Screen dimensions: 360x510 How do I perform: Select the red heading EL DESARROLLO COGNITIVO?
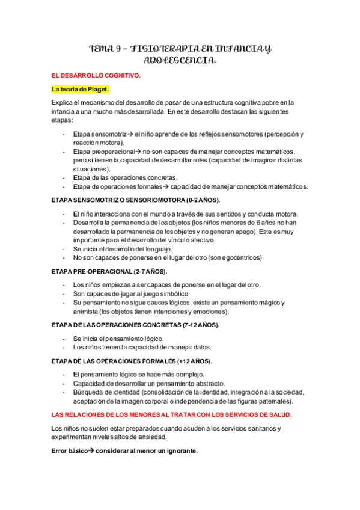click(x=97, y=76)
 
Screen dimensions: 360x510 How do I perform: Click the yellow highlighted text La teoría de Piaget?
click(x=81, y=89)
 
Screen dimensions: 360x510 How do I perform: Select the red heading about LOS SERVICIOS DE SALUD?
click(x=172, y=415)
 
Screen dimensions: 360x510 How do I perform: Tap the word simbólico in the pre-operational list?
click(x=173, y=294)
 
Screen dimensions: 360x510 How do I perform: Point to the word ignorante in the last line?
click(x=180, y=451)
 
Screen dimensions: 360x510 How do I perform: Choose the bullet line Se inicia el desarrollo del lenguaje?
click(x=130, y=249)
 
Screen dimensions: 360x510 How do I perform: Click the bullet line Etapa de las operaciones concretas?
click(x=125, y=177)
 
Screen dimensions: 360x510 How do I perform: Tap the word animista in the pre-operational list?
click(x=88, y=312)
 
